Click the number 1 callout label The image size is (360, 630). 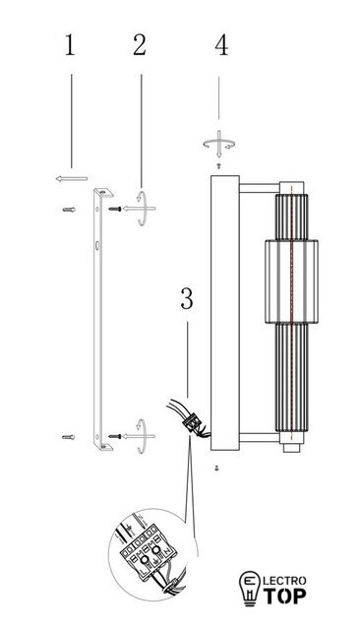(70, 45)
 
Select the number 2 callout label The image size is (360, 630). (140, 45)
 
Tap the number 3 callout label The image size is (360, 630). (187, 299)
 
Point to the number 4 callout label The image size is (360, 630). (221, 45)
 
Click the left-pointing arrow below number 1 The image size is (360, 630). (72, 179)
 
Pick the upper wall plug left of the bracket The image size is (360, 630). (69, 210)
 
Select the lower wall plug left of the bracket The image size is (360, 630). (68, 437)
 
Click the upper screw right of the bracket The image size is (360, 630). (115, 209)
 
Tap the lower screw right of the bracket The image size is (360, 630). (115, 436)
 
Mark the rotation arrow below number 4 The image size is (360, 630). (218, 144)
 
